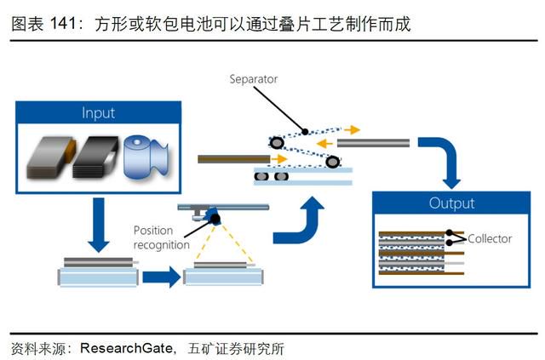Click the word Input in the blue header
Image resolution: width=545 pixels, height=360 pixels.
[x=99, y=113]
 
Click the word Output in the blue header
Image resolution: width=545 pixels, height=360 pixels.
[x=451, y=203]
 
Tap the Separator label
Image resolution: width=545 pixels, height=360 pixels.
[x=254, y=79]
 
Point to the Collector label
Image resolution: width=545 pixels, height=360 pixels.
[x=490, y=239]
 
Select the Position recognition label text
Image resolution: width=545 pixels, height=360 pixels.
[x=162, y=237]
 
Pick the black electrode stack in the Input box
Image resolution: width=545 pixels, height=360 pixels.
[x=95, y=157]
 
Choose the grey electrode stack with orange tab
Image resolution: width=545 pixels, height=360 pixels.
[x=51, y=157]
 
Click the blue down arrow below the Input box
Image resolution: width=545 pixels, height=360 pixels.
[x=99, y=226]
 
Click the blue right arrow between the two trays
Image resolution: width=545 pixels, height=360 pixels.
[x=162, y=277]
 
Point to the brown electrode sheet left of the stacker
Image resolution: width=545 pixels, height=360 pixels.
[x=233, y=159]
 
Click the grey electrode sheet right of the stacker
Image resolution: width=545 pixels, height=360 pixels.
[x=373, y=143]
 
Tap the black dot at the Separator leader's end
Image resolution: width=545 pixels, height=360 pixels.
[x=305, y=132]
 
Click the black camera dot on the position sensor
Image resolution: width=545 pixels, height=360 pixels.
[x=215, y=219]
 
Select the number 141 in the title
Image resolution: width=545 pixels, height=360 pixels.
[x=63, y=24]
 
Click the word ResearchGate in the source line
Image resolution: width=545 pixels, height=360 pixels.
[x=126, y=348]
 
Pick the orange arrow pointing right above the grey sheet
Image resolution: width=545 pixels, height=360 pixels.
[x=352, y=130]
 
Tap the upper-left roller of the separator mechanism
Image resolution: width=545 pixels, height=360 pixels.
[x=277, y=142]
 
